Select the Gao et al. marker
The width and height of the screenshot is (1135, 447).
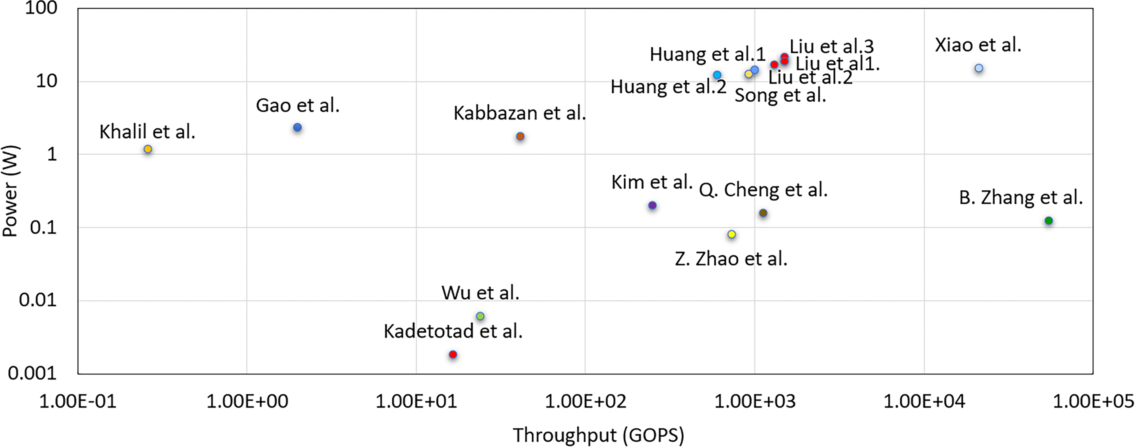(x=297, y=128)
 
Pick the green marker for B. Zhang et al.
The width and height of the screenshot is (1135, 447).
(x=1049, y=221)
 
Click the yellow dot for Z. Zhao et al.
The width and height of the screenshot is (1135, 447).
(x=732, y=234)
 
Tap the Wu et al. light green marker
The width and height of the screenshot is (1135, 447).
(x=480, y=316)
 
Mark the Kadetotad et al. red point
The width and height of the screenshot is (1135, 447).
(x=453, y=355)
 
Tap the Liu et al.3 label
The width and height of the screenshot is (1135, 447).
(x=831, y=46)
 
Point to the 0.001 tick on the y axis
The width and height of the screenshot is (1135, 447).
(x=33, y=373)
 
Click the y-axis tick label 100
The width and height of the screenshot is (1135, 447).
(x=41, y=8)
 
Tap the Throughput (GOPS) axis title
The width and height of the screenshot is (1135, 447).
(x=598, y=435)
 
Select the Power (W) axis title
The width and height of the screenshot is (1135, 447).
(x=10, y=191)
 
